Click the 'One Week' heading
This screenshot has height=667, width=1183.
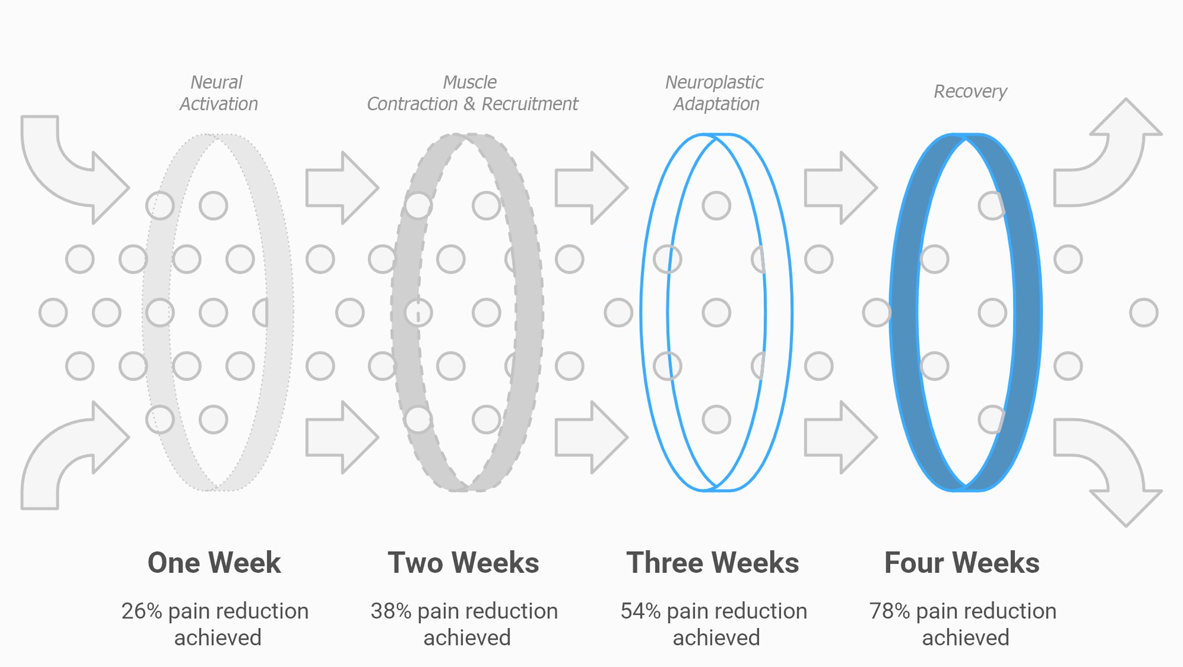point(214,563)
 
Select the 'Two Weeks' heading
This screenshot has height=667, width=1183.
point(463,563)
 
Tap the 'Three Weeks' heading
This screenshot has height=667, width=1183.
point(713,563)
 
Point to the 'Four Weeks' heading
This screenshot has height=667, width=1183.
point(962,563)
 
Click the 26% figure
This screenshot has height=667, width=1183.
point(142,611)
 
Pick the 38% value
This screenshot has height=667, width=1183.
point(391,611)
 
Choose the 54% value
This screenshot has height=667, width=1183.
point(641,611)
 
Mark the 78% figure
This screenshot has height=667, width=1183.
point(890,611)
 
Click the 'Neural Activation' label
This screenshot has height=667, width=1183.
point(218,93)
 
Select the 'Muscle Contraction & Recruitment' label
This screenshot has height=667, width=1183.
point(472,93)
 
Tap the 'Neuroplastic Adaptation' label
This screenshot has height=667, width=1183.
point(715,93)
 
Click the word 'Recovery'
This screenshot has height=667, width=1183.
point(970,92)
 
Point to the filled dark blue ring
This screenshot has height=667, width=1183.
point(904,312)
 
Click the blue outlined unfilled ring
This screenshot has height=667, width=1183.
point(642,312)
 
